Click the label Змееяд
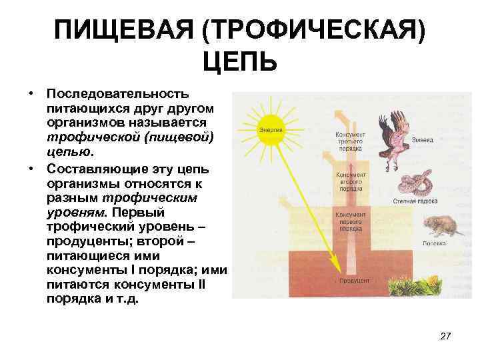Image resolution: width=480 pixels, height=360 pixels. pyautogui.click(x=421, y=139)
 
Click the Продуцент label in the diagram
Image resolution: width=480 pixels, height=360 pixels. pyautogui.click(x=351, y=281)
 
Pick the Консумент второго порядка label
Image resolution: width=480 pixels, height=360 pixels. pyautogui.click(x=351, y=181)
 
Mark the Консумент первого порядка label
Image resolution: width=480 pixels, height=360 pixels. pyautogui.click(x=351, y=222)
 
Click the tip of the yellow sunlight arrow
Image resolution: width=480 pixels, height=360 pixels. pyautogui.click(x=339, y=272)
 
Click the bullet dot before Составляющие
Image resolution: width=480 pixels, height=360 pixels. pyautogui.click(x=31, y=167)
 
